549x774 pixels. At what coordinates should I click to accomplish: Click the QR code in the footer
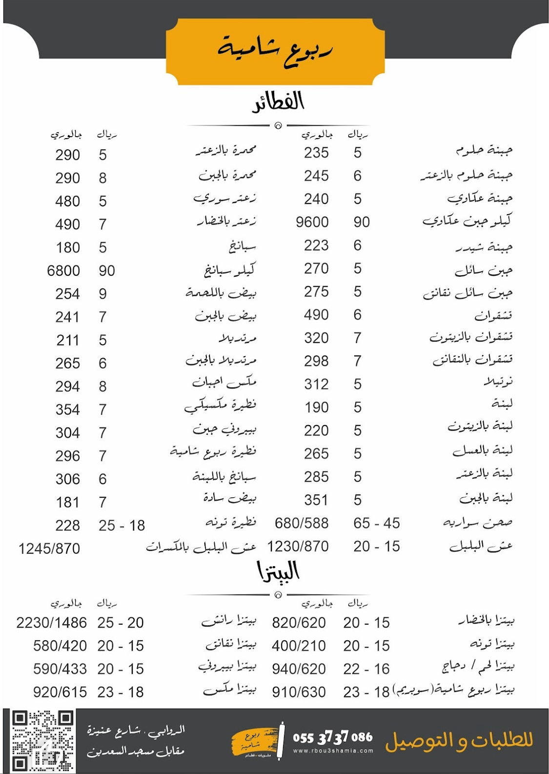[42, 741]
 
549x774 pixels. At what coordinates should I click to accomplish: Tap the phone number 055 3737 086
[332, 737]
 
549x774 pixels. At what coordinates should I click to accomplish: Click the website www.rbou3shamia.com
[333, 751]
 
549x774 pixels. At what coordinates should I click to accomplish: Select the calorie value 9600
[312, 222]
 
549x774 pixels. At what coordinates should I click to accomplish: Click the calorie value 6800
[63, 271]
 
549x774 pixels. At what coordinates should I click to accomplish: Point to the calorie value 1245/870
[49, 549]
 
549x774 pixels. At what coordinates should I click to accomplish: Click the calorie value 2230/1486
[51, 623]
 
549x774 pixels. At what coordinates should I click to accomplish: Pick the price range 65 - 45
[376, 523]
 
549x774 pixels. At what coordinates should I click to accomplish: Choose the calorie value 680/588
[301, 523]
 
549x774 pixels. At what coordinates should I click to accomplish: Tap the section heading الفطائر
[278, 102]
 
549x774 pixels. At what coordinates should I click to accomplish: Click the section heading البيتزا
[278, 571]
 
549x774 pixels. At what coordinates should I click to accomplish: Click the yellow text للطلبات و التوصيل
[459, 740]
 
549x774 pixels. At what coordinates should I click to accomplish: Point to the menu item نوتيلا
[498, 382]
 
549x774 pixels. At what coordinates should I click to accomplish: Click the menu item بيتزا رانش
[228, 621]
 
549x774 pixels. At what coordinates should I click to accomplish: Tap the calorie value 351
[316, 500]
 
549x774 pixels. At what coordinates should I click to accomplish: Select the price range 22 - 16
[366, 669]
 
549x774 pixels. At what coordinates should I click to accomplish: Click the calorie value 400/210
[298, 646]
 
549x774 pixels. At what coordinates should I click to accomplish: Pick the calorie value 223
[316, 245]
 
